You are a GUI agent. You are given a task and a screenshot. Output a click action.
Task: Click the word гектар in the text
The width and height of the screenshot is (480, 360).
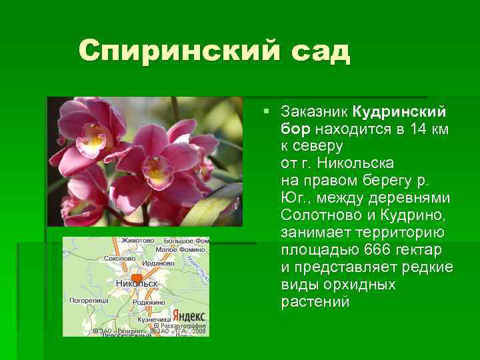(421, 250)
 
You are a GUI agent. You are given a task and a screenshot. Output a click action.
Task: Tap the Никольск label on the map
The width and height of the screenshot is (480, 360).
(137, 283)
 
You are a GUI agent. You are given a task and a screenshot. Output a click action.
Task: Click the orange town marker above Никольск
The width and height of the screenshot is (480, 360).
(137, 277)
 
